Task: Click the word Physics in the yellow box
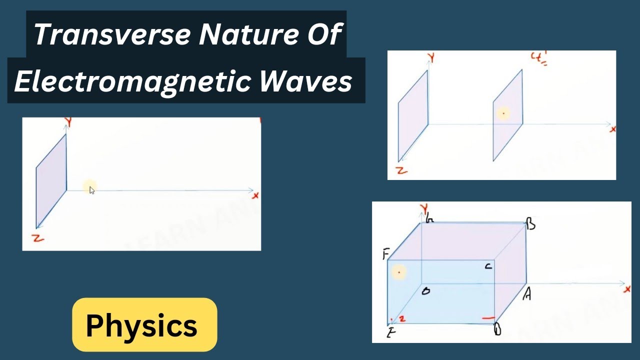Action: click(x=141, y=326)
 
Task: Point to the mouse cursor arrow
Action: click(x=92, y=190)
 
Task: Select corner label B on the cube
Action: click(x=531, y=225)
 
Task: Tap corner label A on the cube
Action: click(x=526, y=295)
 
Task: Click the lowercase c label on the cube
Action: click(x=488, y=267)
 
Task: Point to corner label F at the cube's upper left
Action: click(x=385, y=254)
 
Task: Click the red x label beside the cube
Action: click(x=627, y=289)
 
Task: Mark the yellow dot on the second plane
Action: click(x=503, y=114)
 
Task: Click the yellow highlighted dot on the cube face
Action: click(x=399, y=272)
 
